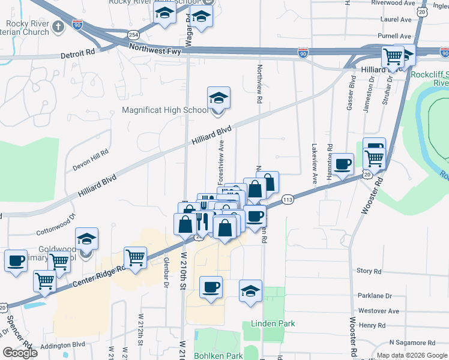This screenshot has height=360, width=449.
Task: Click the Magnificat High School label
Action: click(165, 110)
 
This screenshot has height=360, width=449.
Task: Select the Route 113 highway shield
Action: click(288, 199)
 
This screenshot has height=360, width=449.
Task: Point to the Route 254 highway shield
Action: click(133, 35)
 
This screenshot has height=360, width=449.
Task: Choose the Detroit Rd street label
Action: click(78, 53)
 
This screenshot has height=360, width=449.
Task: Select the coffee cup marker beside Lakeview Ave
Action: click(343, 164)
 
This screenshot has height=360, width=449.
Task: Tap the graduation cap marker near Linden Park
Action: click(250, 292)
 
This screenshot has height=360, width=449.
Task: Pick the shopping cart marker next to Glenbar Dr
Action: click(136, 258)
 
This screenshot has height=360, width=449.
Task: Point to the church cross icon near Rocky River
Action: click(58, 26)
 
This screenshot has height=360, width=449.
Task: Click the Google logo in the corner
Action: click(20, 352)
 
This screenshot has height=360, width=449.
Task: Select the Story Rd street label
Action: click(369, 271)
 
